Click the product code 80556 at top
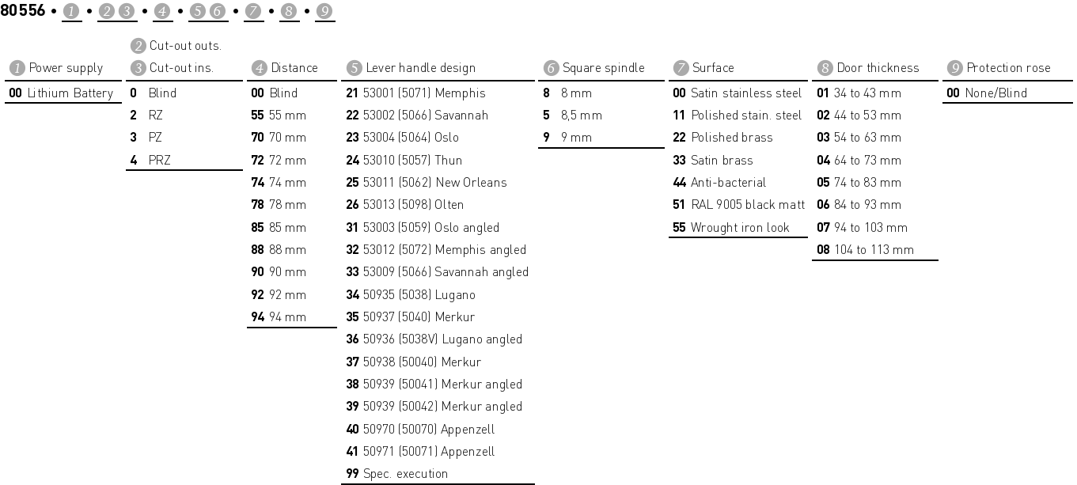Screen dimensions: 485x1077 [23, 11]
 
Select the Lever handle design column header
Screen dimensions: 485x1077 [420, 68]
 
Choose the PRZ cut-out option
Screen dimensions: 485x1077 [159, 161]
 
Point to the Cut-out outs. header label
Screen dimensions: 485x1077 [185, 46]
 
